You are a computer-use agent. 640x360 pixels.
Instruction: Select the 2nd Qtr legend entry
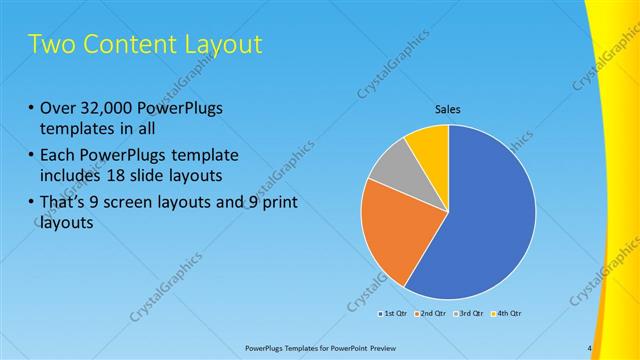432,314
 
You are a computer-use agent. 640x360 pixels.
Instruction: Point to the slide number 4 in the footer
589,348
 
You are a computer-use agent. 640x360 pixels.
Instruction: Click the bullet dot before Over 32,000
32,109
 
